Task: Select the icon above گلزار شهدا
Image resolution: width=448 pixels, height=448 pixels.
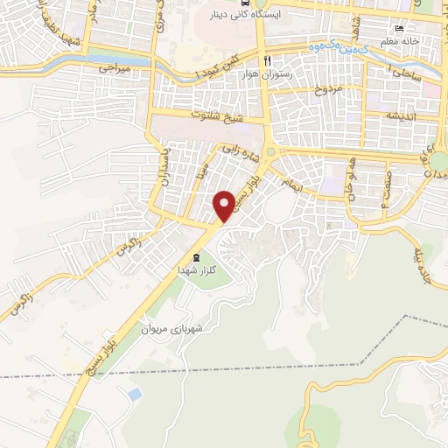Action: pos(195,256)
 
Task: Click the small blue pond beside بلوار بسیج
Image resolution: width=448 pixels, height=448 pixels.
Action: pos(134,395)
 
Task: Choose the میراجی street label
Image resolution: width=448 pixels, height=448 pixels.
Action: pos(113,66)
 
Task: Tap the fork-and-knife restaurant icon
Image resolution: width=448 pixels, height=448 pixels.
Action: pos(269,59)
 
